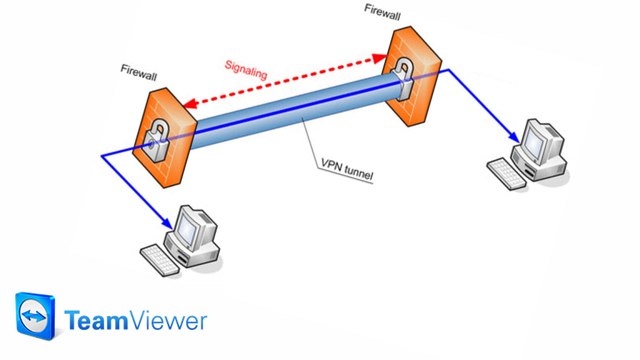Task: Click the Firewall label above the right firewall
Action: [x=387, y=10]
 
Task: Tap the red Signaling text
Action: [x=246, y=71]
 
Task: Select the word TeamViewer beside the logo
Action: [x=136, y=320]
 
